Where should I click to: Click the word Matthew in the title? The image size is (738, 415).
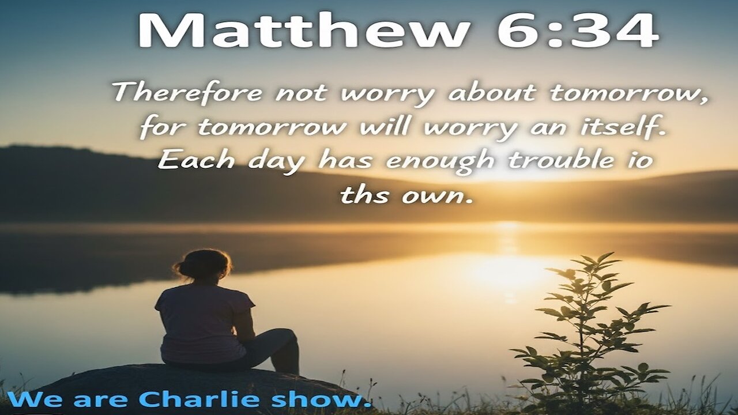303,31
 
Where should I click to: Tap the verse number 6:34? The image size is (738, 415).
578,31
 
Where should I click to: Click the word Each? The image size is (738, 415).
196,160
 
